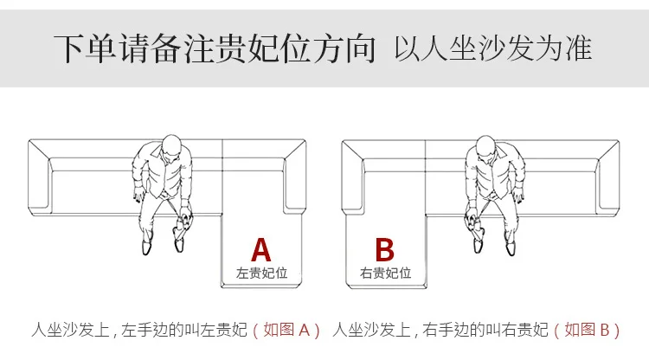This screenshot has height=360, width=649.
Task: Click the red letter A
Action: point(261,250)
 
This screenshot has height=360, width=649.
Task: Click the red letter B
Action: point(384,249)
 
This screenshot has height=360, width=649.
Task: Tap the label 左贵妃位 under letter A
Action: point(261,273)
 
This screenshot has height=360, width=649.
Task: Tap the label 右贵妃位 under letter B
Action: point(385,273)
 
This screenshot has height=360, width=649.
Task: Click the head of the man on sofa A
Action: point(171,145)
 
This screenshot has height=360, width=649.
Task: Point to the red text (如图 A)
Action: point(286,331)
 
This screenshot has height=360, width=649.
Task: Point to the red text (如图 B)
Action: point(587,331)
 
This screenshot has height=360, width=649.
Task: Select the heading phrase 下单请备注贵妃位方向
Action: point(215,48)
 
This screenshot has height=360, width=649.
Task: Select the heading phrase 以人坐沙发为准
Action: point(492,48)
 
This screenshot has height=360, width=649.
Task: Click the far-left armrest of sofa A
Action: point(40,177)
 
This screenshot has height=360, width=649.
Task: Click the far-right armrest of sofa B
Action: point(608,177)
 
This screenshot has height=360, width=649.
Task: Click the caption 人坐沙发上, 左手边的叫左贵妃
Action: point(139,331)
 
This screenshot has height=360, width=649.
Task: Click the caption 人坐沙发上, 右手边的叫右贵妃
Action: point(440,331)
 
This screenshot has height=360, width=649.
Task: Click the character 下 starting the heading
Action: point(69,49)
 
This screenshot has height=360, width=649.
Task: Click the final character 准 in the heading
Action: point(578,48)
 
